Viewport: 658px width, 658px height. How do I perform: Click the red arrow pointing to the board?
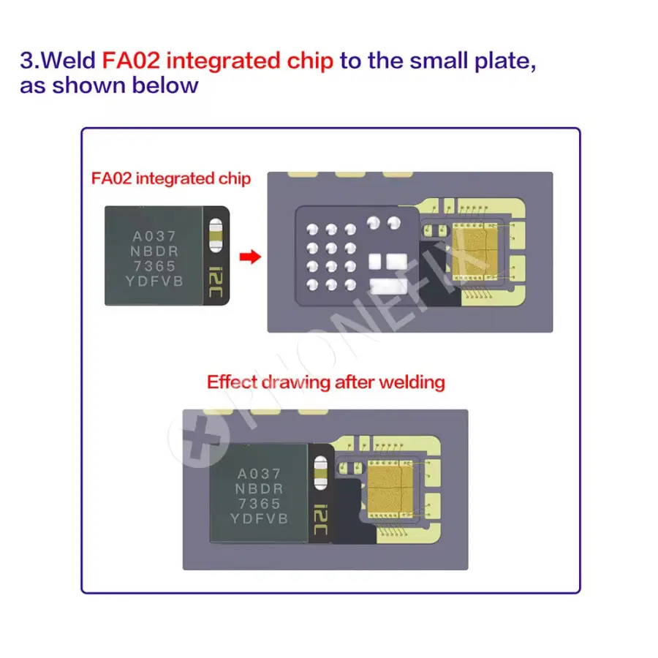tap(251, 257)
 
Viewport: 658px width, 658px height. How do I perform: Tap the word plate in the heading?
tap(505, 59)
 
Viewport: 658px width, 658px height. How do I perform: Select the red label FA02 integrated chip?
tap(171, 178)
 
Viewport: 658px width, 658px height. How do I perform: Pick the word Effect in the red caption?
tap(231, 382)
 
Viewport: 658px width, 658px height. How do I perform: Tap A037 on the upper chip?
tap(154, 237)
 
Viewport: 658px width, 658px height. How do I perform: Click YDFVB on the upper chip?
tap(154, 281)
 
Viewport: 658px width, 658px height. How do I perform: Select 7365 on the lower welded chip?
tap(258, 504)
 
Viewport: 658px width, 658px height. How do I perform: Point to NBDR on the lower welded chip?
tap(258, 488)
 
